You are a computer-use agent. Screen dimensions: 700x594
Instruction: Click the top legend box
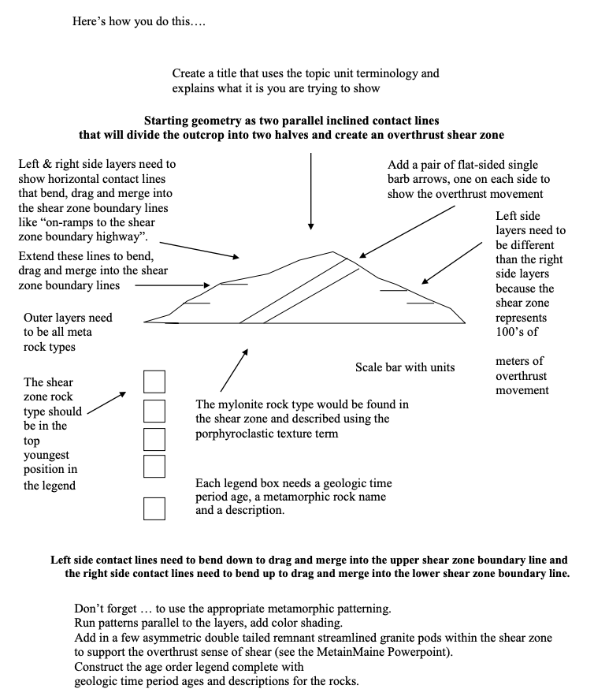[x=154, y=382]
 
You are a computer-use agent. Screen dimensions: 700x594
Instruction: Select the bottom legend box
[x=154, y=508]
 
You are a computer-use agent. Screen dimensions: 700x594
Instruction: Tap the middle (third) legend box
[x=154, y=438]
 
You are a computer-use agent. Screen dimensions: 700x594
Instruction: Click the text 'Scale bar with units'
[x=404, y=367]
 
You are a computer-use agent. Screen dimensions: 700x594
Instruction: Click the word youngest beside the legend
[x=46, y=455]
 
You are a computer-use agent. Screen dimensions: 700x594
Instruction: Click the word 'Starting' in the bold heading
[x=168, y=121]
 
